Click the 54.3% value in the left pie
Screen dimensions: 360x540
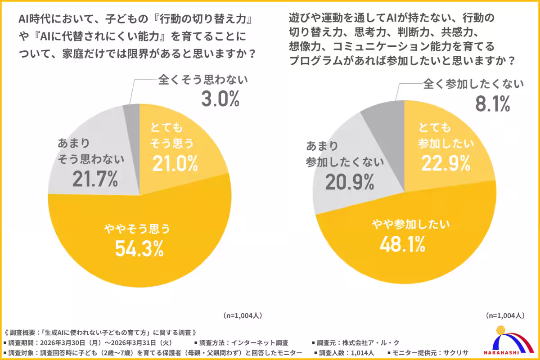click(139, 248)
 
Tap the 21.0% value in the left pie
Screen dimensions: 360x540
click(175, 164)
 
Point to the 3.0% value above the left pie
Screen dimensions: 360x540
click(220, 100)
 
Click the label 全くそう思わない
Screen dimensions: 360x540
click(203, 81)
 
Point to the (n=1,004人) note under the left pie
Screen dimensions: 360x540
click(243, 315)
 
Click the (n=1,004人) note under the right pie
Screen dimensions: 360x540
click(505, 315)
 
